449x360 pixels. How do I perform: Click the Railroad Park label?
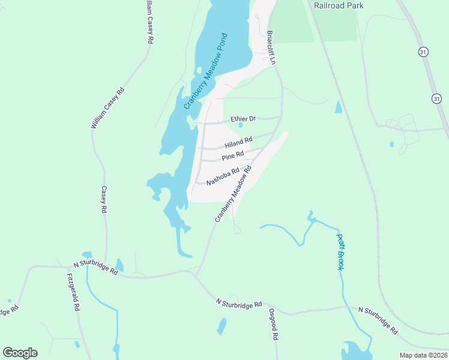tap(339, 5)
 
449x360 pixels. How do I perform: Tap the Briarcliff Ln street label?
tap(271, 47)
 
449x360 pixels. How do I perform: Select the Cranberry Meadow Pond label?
tap(206, 70)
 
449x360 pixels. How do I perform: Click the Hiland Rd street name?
tap(238, 143)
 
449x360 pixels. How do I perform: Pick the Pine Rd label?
tap(232, 156)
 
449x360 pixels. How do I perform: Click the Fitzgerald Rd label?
tap(73, 293)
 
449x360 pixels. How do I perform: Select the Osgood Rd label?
tap(273, 325)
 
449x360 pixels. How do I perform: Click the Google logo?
tap(20, 353)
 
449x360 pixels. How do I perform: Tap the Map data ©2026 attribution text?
tap(423, 355)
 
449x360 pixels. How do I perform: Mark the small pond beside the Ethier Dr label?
tap(240, 125)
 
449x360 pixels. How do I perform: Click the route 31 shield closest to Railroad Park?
tap(424, 52)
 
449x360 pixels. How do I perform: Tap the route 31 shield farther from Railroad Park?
tap(436, 98)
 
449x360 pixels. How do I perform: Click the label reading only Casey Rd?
tap(104, 200)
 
